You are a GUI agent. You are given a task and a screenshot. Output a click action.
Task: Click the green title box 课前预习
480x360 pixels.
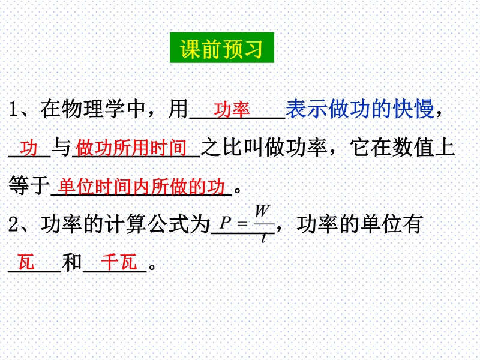point(222,48)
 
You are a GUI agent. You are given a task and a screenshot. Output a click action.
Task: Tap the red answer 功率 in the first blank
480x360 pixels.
point(232,110)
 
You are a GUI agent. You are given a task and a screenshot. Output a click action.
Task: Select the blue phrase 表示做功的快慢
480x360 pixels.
point(359,109)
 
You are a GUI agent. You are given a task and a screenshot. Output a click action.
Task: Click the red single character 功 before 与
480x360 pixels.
point(29,148)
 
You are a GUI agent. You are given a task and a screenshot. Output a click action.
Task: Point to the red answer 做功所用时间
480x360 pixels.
point(131,148)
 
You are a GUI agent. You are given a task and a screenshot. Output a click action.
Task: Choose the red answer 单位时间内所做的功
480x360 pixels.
point(142,187)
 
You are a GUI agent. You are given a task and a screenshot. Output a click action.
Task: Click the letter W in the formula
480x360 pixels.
point(263,211)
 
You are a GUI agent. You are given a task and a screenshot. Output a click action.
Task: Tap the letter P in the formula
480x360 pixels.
point(225,223)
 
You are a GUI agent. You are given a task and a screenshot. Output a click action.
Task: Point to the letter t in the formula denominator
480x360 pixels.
point(263,238)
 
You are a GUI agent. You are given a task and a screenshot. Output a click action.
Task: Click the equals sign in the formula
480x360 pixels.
point(242,224)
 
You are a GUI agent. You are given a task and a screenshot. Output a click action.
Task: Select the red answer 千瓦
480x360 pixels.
point(118,262)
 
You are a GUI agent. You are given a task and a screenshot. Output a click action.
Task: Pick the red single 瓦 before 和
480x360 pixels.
point(26,262)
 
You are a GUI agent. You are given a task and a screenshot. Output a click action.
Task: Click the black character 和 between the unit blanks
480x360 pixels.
point(72,262)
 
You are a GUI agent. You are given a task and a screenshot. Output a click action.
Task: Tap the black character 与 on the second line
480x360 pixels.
point(61,148)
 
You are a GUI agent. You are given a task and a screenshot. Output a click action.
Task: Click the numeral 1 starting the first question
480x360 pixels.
point(13,109)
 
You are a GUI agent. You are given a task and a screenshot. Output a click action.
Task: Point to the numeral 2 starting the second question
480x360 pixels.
point(14,224)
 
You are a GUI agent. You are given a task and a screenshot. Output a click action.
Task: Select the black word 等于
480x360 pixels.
point(29,185)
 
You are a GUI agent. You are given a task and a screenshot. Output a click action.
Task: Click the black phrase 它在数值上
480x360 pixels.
point(403,148)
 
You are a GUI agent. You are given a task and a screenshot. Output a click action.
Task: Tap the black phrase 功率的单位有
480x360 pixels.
point(359,224)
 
